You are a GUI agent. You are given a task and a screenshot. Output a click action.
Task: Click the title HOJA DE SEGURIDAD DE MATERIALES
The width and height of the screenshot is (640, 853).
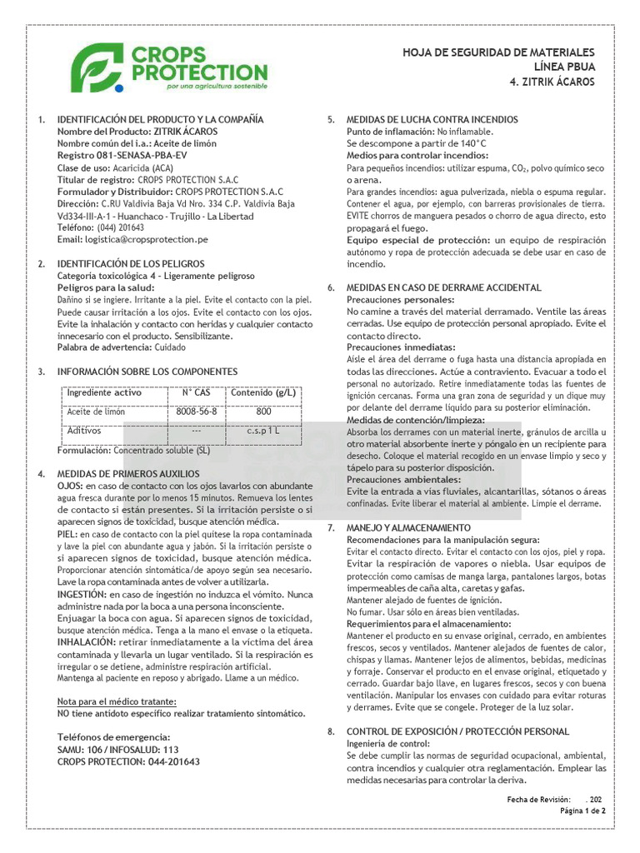pos(498,52)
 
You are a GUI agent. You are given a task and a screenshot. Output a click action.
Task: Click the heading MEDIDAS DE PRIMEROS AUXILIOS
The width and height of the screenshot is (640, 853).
pos(128,473)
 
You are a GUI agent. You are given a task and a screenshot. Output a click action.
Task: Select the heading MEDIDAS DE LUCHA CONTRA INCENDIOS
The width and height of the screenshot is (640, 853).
pos(432,120)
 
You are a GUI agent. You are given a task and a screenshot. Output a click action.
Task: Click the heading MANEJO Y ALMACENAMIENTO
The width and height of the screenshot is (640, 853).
pos(408,528)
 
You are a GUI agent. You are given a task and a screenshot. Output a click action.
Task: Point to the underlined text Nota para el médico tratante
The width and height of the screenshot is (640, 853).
pos(117,701)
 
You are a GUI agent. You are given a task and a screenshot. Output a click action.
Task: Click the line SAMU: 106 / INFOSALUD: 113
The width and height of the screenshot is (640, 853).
pos(117,750)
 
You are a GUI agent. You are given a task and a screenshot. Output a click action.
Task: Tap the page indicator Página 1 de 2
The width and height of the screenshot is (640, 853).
pos(582,811)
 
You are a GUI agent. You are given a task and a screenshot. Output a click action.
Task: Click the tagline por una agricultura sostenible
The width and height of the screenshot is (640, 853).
pos(217,86)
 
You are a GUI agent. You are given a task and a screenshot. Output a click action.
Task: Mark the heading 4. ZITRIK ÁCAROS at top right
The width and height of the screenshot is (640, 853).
pos(552,82)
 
